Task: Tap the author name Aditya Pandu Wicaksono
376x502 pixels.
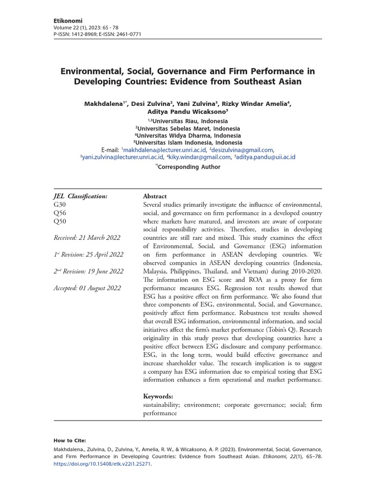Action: coord(188,112)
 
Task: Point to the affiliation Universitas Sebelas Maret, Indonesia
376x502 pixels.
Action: coord(188,128)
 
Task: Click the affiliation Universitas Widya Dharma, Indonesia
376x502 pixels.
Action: coord(188,135)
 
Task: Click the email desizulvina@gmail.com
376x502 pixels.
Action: coord(242,150)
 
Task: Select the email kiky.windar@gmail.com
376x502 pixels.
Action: coord(200,157)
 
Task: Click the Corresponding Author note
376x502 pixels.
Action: coord(188,167)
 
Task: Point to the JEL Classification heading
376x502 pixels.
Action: coord(80,196)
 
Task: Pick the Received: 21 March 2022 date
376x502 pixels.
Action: coord(87,238)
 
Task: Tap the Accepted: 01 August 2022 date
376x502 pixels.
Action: coord(87,288)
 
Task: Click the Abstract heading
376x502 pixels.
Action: coord(155,196)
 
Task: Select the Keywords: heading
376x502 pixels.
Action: coord(158,396)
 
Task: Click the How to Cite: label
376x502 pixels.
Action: coord(70,441)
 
